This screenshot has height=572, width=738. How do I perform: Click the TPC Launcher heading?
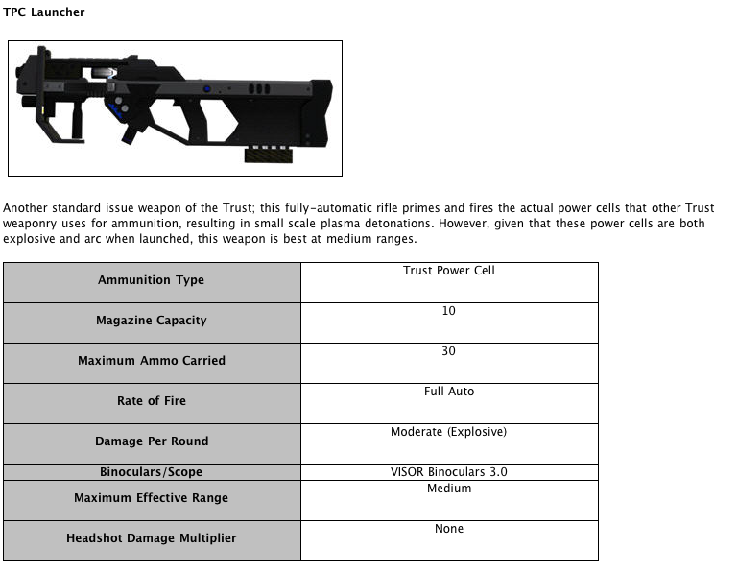[x=44, y=12]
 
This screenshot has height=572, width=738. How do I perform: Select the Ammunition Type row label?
[x=151, y=280]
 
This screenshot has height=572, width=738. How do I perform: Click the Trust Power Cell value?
[x=449, y=271]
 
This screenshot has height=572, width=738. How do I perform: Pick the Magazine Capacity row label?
[x=151, y=321]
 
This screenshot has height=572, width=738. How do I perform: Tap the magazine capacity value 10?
[x=449, y=311]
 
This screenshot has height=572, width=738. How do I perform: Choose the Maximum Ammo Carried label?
[x=151, y=361]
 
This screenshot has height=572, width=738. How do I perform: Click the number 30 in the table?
[x=449, y=351]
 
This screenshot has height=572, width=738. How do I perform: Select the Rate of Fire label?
[x=151, y=401]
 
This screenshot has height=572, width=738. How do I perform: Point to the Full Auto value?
[x=449, y=392]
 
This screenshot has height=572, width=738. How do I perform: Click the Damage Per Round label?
[x=151, y=441]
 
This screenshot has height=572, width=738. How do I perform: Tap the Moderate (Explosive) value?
[x=449, y=432]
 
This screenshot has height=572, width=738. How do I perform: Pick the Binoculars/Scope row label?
[x=151, y=472]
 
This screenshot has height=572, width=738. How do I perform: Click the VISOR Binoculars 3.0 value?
[x=449, y=472]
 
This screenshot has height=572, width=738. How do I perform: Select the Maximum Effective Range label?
[x=151, y=498]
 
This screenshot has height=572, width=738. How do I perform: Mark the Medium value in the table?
[x=449, y=489]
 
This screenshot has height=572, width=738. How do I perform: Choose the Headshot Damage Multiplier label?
[x=151, y=538]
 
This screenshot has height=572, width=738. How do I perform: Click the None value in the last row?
[x=449, y=529]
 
